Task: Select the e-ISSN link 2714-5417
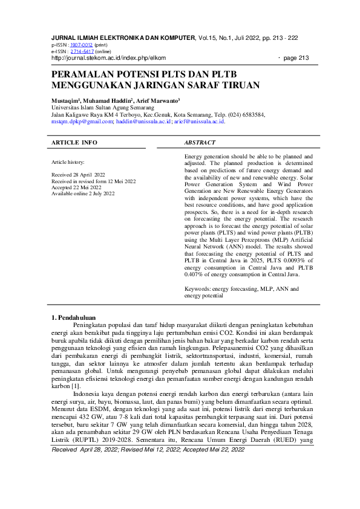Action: (x=80, y=51)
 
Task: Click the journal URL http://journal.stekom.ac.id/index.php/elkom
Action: (x=108, y=58)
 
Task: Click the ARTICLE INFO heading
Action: (x=74, y=143)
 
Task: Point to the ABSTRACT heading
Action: (x=200, y=143)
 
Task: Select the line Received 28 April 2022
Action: (x=79, y=173)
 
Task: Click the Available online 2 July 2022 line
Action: (x=83, y=193)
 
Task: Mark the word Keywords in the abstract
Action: (x=198, y=290)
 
